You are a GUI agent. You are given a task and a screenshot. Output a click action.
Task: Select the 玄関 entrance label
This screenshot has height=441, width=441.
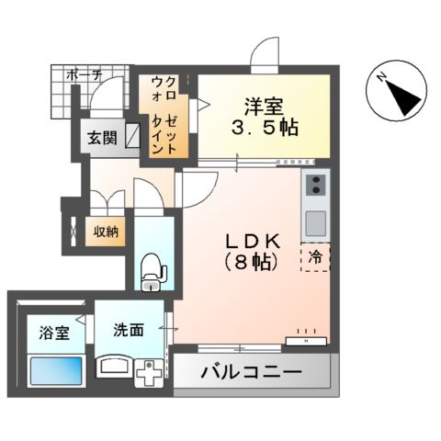click(x=101, y=139)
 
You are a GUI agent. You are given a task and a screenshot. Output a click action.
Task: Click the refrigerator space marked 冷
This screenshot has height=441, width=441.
click(x=315, y=257)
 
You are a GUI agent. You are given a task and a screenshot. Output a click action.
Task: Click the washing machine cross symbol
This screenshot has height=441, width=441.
click(x=148, y=377)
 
